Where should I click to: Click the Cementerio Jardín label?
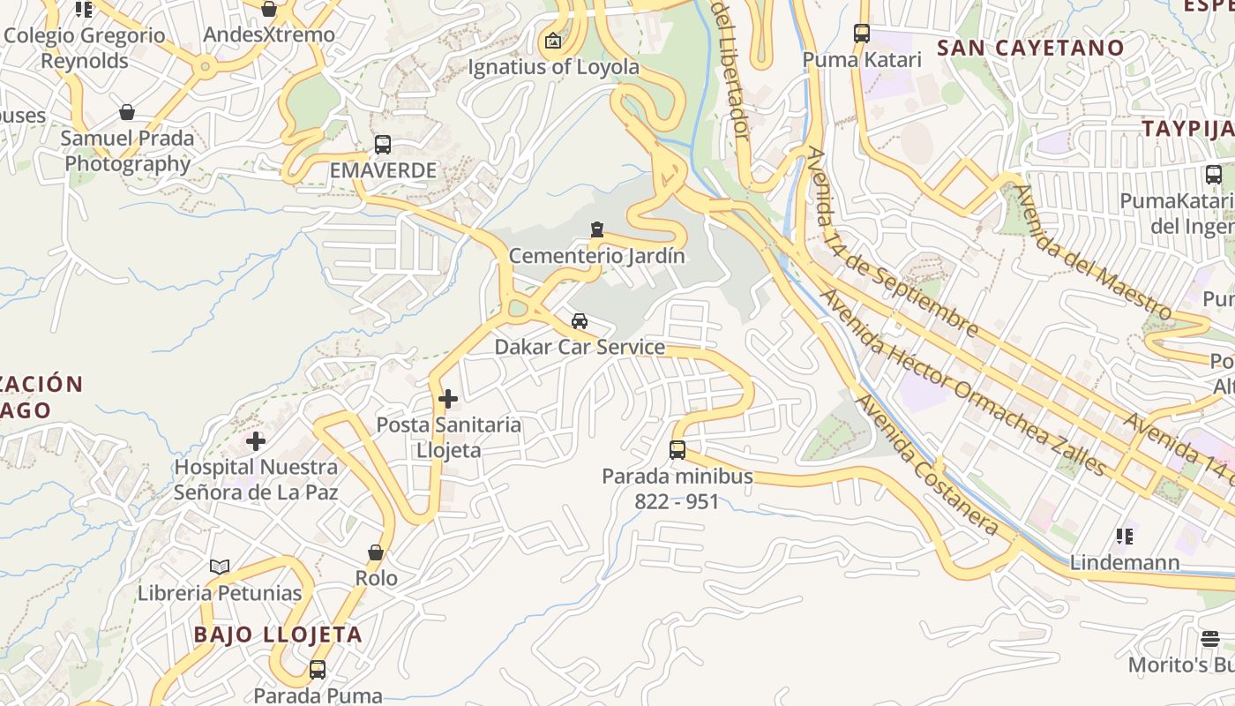pyautogui.click(x=596, y=256)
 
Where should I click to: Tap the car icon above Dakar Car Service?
pyautogui.click(x=580, y=321)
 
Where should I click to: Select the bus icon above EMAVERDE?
pyautogui.click(x=383, y=145)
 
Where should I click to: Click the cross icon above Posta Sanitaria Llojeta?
pyautogui.click(x=448, y=399)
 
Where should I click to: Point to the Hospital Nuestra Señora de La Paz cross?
pyautogui.click(x=256, y=440)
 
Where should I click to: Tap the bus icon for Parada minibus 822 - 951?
pyautogui.click(x=677, y=450)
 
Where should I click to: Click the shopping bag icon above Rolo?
pyautogui.click(x=376, y=552)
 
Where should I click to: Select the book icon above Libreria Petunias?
pyautogui.click(x=220, y=567)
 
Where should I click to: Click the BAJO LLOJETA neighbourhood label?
pyautogui.click(x=278, y=634)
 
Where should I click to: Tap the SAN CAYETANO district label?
pyautogui.click(x=1030, y=48)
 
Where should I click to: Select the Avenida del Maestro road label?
pyautogui.click(x=1091, y=252)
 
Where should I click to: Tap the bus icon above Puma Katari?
pyautogui.click(x=862, y=34)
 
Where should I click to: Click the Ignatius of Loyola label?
pyautogui.click(x=553, y=66)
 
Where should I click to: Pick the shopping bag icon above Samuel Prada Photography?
pyautogui.click(x=127, y=112)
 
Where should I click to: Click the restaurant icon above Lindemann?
pyautogui.click(x=1124, y=536)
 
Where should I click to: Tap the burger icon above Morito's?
pyautogui.click(x=1210, y=638)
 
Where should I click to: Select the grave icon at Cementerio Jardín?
pyautogui.click(x=597, y=229)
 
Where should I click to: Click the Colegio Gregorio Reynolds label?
pyautogui.click(x=85, y=48)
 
